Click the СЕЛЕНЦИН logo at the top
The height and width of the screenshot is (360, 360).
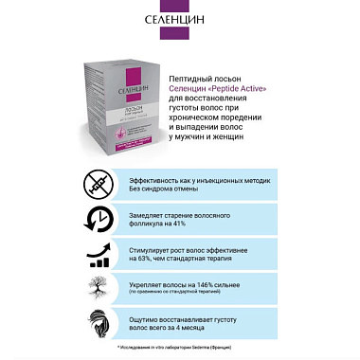pyautogui.click(x=179, y=18)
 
